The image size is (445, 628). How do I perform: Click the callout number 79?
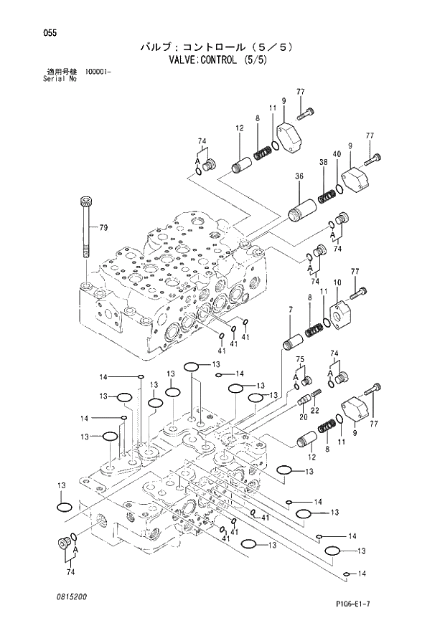pos(103,229)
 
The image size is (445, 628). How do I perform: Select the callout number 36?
pos(298,176)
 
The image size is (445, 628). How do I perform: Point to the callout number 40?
pos(336,154)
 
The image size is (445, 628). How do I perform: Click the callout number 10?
pos(337,282)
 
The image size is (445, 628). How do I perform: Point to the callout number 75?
pos(301,359)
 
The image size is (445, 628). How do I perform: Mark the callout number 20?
pos(302,417)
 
